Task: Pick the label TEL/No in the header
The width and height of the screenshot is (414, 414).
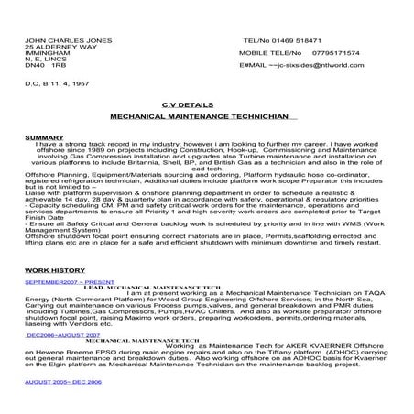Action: click(255, 41)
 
